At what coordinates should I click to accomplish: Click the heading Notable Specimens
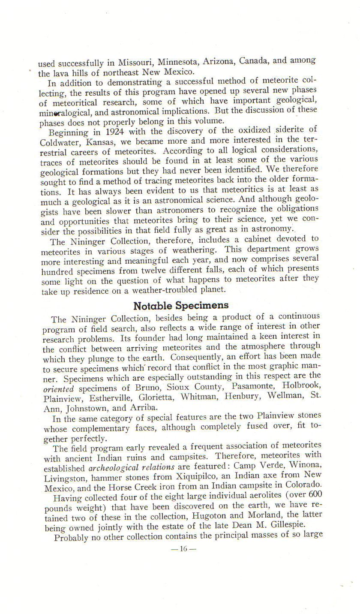[181, 306]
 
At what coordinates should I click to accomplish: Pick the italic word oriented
[58, 389]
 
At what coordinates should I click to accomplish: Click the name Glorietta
[157, 397]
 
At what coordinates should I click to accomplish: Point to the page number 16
[183, 548]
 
